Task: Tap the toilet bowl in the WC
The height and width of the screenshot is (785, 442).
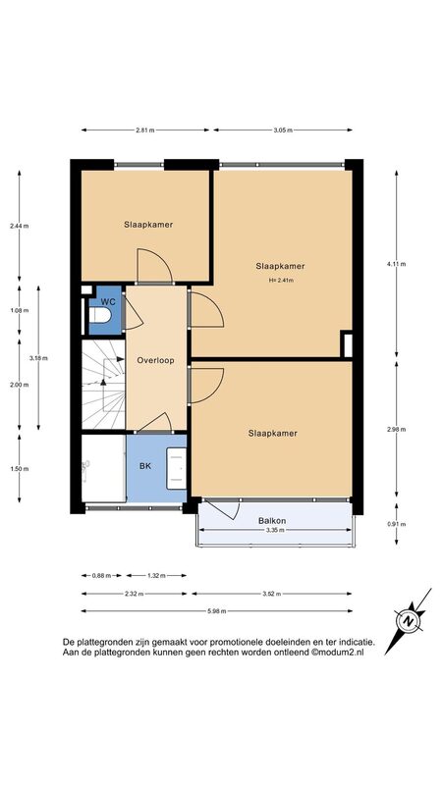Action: pyautogui.click(x=99, y=315)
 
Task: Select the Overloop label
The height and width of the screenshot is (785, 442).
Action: pyautogui.click(x=156, y=360)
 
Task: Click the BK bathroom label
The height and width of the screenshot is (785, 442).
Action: pyautogui.click(x=144, y=466)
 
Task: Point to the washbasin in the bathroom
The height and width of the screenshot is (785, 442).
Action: pyautogui.click(x=176, y=468)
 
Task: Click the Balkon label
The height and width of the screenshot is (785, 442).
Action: pyautogui.click(x=272, y=521)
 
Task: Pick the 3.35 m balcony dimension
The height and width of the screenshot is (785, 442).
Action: pyautogui.click(x=275, y=530)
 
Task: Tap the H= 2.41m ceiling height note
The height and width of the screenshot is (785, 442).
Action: pyautogui.click(x=281, y=281)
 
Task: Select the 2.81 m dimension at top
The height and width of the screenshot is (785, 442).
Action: pyautogui.click(x=144, y=131)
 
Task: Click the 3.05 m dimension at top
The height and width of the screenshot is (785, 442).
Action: pyautogui.click(x=283, y=131)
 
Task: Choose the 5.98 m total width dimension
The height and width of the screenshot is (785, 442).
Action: pyautogui.click(x=216, y=610)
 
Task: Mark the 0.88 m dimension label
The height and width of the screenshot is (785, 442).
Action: pyautogui.click(x=100, y=576)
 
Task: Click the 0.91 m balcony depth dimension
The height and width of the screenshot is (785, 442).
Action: pyautogui.click(x=397, y=524)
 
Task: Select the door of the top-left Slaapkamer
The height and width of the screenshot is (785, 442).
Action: pyautogui.click(x=155, y=265)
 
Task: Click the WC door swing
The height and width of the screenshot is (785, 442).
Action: pyautogui.click(x=132, y=311)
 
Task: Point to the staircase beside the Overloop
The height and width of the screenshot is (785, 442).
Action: pyautogui.click(x=103, y=384)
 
